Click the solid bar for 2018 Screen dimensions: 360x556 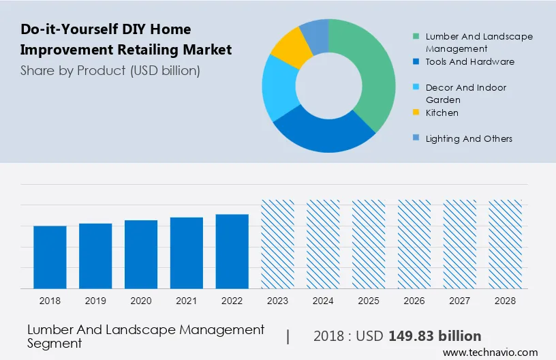coord(50,257)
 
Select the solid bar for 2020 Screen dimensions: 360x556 coord(141,254)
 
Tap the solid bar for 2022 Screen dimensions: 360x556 coord(232,251)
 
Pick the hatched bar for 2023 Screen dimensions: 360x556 coord(278,244)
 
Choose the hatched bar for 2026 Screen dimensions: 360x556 coord(414,244)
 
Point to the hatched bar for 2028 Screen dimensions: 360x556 coord(506,244)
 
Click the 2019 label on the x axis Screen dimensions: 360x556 coord(95,300)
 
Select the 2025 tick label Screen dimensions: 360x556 coord(369,300)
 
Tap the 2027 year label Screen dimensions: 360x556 coord(460,300)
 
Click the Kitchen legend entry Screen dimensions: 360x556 coord(442,112)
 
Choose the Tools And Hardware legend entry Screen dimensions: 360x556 coord(469,61)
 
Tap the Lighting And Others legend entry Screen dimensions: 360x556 coord(469,138)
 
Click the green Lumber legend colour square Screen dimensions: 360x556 coord(416,36)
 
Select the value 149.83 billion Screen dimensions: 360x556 coord(435,336)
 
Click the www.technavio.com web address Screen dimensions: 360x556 coord(491,352)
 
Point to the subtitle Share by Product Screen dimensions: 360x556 coord(110,70)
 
